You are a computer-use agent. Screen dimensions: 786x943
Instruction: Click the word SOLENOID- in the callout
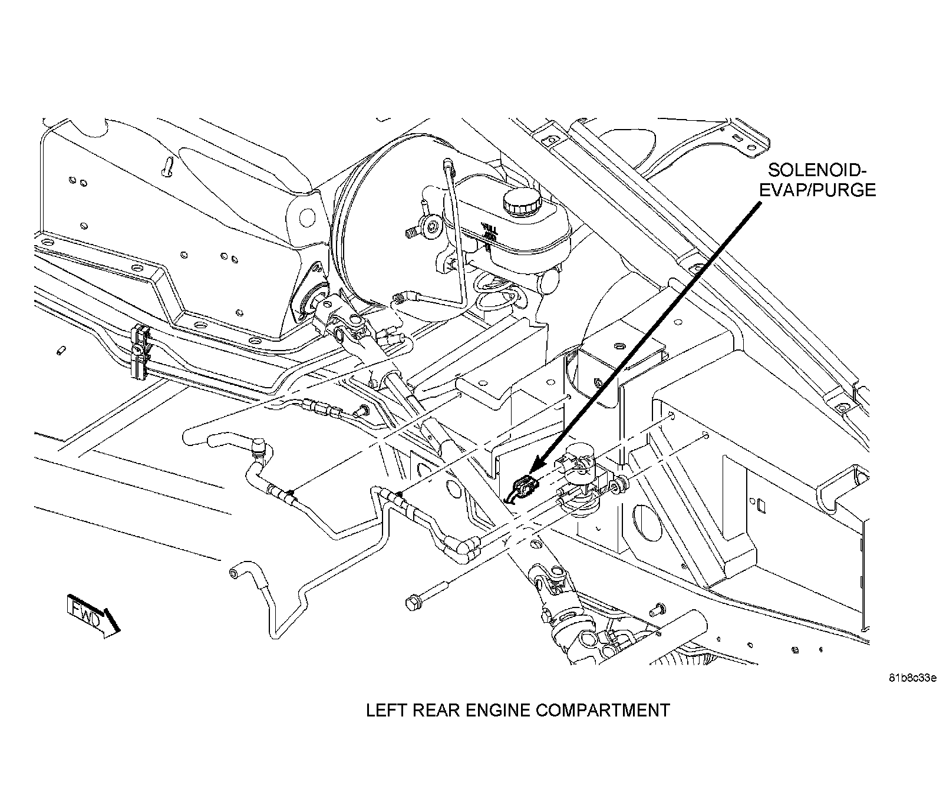click(816, 171)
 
